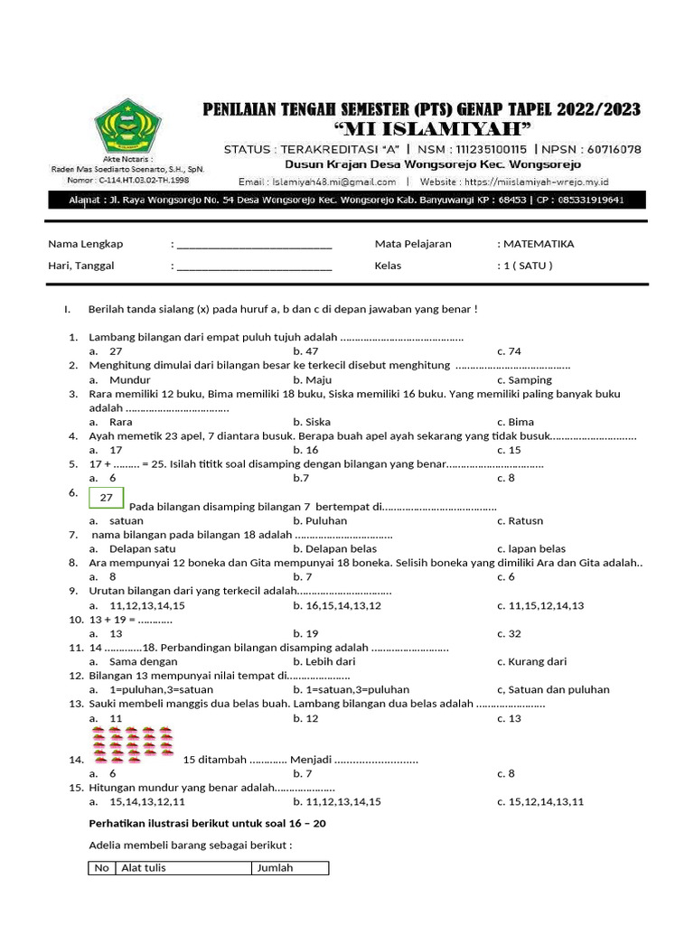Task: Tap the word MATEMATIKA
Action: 539,244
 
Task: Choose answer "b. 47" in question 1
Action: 306,351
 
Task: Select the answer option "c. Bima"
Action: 515,422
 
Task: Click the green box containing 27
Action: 107,498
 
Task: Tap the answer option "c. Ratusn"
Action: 520,521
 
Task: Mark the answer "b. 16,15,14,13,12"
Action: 337,605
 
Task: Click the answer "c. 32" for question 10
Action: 509,634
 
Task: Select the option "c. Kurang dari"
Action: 532,662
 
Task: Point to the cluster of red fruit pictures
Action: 134,742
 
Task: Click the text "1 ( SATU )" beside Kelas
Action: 525,266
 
